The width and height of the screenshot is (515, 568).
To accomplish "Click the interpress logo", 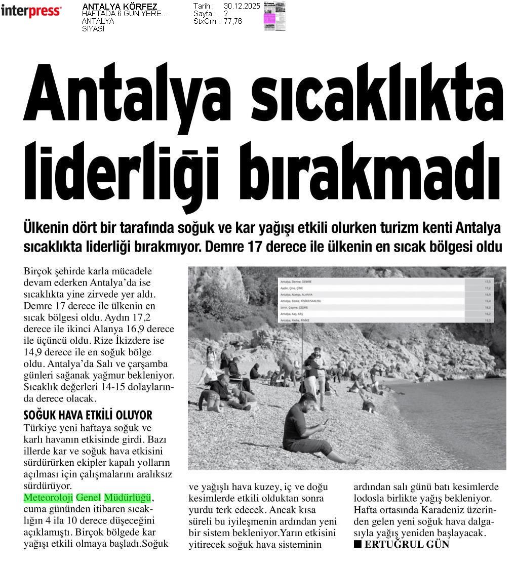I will pos(31,11).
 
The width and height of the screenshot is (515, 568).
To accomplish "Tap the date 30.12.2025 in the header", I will pos(242,6).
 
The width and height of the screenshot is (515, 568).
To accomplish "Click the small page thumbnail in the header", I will pos(274,16).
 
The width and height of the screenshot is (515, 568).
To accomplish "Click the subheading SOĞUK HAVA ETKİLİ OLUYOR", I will pos(88,416).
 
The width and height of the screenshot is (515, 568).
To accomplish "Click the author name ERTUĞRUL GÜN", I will pos(407,545).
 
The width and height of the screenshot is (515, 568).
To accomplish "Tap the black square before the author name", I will pos(358,544).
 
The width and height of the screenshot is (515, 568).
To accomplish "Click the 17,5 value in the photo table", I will pos(488,281).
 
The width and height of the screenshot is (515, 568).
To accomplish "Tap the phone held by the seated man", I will pos(324,421).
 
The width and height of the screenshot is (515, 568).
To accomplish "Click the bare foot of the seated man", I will pos(353,460).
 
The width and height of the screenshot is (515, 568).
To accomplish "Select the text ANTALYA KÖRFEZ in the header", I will pos(120,7).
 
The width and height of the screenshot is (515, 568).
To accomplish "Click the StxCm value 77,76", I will pos(233,21).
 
